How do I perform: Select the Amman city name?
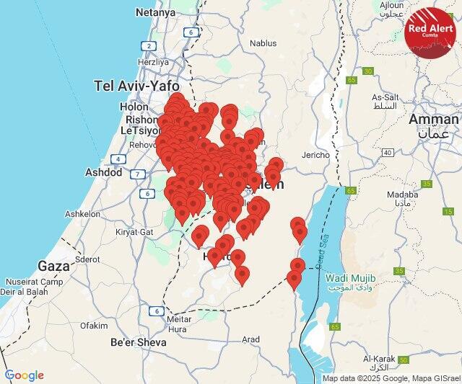[433, 119]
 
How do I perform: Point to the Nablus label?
[263, 43]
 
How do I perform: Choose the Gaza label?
[54, 265]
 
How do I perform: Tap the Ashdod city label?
[104, 173]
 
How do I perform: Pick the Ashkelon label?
[82, 214]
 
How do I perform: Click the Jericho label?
[315, 155]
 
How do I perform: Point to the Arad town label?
[250, 339]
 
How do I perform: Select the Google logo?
[24, 375]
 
